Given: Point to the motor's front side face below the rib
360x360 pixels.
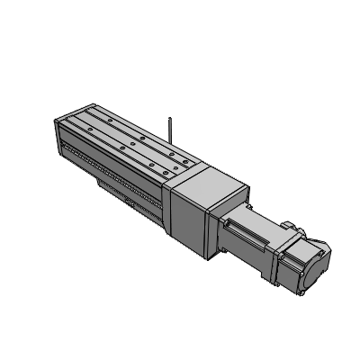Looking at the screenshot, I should [252, 256].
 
